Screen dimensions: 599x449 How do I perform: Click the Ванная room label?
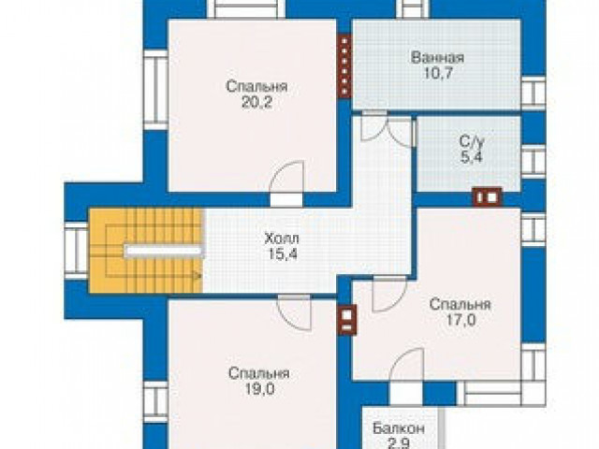[437, 58]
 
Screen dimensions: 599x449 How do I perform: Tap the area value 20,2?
[256, 102]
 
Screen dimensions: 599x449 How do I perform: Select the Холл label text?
[282, 239]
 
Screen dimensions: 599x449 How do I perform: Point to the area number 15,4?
[283, 253]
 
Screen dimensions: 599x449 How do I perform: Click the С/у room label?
[472, 142]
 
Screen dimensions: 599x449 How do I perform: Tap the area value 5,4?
[472, 157]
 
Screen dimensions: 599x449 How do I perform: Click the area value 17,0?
[460, 320]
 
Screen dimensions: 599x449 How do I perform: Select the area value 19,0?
[259, 389]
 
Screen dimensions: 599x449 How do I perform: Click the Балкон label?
[399, 428]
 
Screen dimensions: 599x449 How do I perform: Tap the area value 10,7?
[438, 73]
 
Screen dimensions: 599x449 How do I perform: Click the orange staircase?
[145, 251]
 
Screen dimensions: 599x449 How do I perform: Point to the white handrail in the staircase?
[163, 251]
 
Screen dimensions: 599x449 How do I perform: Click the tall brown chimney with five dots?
[344, 65]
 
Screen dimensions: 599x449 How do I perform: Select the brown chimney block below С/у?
[487, 197]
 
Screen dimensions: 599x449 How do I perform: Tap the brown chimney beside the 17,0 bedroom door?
[347, 320]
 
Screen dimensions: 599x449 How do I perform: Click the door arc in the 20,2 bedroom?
[286, 179]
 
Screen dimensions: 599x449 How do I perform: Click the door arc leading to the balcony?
[406, 366]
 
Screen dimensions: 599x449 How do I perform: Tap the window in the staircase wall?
[77, 251]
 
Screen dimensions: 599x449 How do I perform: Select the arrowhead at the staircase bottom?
[197, 275]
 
